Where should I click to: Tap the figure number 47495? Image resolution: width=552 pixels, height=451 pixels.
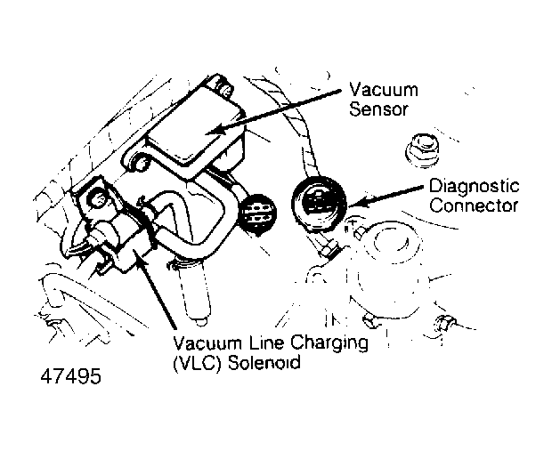pyautogui.click(x=71, y=376)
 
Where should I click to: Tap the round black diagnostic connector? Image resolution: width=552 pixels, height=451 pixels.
pyautogui.click(x=319, y=204)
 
